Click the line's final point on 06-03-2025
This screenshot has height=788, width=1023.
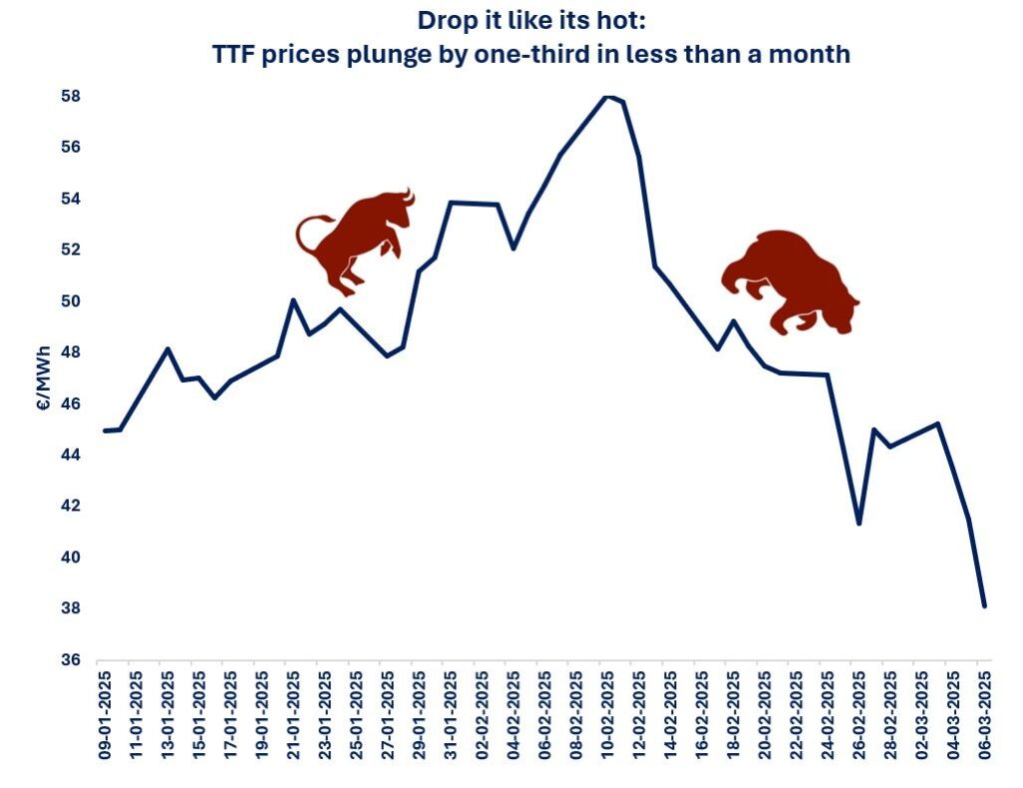[x=985, y=606]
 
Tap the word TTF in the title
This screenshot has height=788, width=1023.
[x=237, y=54]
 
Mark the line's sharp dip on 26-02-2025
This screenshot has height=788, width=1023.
[x=859, y=523]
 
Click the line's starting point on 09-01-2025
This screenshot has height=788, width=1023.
[x=105, y=430]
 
